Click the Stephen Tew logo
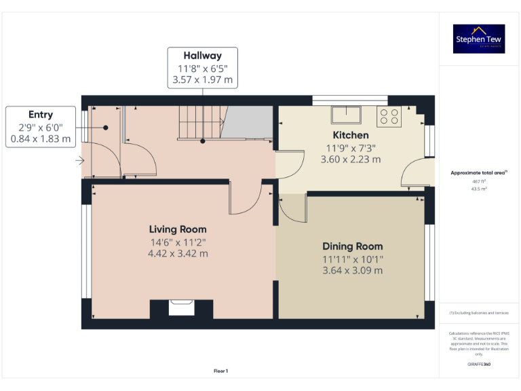pos(479,39)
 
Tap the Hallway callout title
pos(202,56)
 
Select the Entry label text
pos(40,115)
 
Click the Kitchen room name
pos(350,135)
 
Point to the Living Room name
pos(178,229)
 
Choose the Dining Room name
pos(352,246)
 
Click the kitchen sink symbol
pos(347,113)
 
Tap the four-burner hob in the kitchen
pos(389,116)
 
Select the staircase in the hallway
pos(201,122)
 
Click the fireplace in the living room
pos(181,309)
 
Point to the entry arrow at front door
pos(79,161)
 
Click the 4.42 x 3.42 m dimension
pos(178,254)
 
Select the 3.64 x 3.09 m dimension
pos(352,270)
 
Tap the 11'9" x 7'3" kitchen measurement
pos(350,148)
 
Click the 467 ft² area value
pos(479,182)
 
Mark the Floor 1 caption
pos(220,371)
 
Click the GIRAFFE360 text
pos(479,365)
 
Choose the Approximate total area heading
pos(478,173)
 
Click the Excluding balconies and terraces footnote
pos(479,313)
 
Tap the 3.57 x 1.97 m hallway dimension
pos(202,80)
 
